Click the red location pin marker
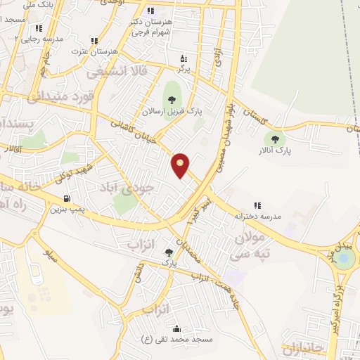(181, 164)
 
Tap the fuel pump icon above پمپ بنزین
(67, 199)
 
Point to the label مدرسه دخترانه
(257, 216)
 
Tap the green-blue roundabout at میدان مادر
(345, 257)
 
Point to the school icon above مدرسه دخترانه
(257, 205)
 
